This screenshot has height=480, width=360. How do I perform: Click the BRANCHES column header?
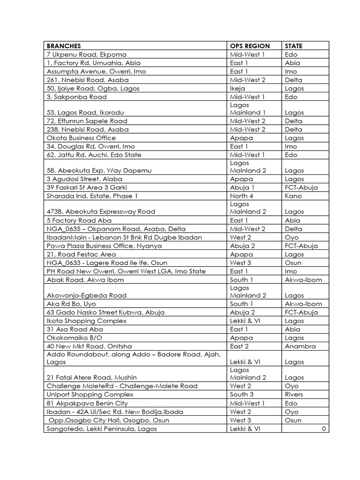click(x=64, y=46)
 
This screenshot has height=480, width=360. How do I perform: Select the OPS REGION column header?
click(x=250, y=46)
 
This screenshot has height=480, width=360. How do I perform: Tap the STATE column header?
click(x=293, y=46)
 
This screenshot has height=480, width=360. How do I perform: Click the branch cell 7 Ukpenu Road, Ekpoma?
click(x=87, y=54)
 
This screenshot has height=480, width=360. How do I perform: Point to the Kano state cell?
click(x=293, y=196)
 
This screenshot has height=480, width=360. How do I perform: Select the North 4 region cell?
click(x=242, y=196)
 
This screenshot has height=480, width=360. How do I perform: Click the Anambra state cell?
click(x=300, y=346)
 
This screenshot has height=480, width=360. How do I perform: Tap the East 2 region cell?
click(x=240, y=346)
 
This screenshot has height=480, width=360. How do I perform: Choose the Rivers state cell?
click(x=294, y=395)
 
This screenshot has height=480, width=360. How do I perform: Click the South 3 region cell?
click(x=242, y=395)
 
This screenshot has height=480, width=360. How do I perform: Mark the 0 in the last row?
click(x=323, y=429)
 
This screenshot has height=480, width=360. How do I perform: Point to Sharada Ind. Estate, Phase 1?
click(x=92, y=196)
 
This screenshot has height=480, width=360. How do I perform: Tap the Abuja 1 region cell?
click(x=242, y=187)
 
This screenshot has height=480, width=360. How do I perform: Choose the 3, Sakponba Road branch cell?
click(x=77, y=97)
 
